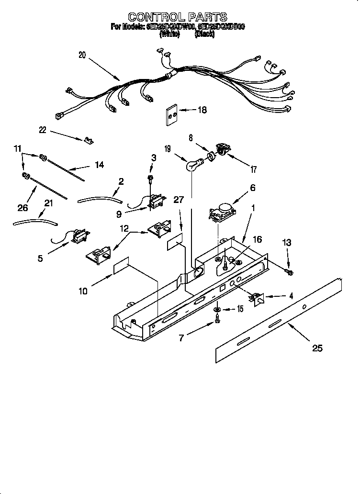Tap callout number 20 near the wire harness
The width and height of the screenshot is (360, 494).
[82, 55]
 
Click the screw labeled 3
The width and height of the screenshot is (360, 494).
[151, 179]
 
